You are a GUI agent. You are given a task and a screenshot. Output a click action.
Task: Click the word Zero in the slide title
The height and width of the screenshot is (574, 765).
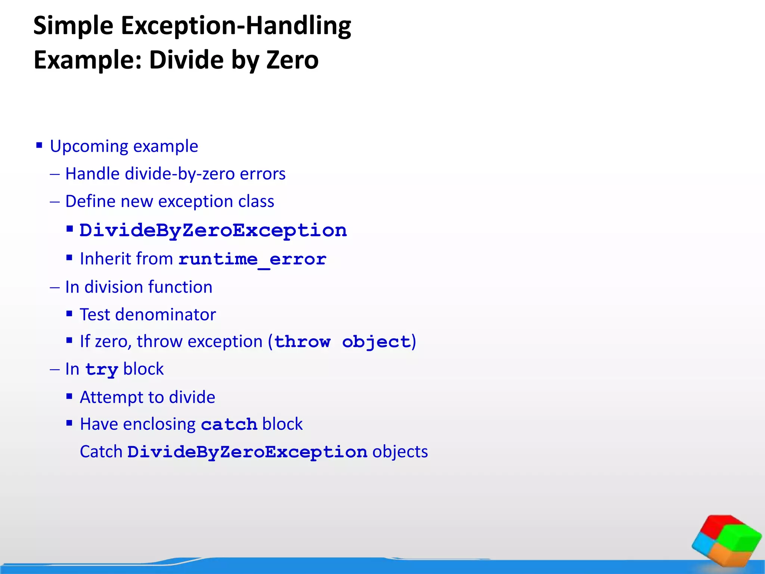(292, 60)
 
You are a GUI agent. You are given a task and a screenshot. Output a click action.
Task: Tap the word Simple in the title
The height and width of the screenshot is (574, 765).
(73, 26)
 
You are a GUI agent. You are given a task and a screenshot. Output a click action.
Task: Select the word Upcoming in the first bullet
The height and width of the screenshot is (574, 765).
(89, 146)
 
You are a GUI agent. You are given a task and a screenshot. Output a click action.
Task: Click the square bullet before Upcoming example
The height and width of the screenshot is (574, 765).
(39, 145)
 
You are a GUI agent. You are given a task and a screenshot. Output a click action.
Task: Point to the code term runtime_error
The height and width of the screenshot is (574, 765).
(252, 259)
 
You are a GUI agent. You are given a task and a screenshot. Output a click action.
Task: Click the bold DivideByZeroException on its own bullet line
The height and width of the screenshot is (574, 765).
(213, 231)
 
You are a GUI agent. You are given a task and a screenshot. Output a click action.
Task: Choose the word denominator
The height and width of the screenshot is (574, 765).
(165, 315)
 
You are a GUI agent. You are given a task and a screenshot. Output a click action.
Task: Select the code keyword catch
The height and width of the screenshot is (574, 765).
(229, 425)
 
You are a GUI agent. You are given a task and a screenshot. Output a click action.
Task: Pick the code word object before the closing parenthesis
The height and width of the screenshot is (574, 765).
(376, 342)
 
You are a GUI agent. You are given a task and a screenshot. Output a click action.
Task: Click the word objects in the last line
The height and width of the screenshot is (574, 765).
(400, 452)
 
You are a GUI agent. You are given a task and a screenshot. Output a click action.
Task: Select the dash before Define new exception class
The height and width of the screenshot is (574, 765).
(55, 202)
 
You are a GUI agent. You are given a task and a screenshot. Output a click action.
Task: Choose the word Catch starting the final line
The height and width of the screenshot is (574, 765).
(101, 452)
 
